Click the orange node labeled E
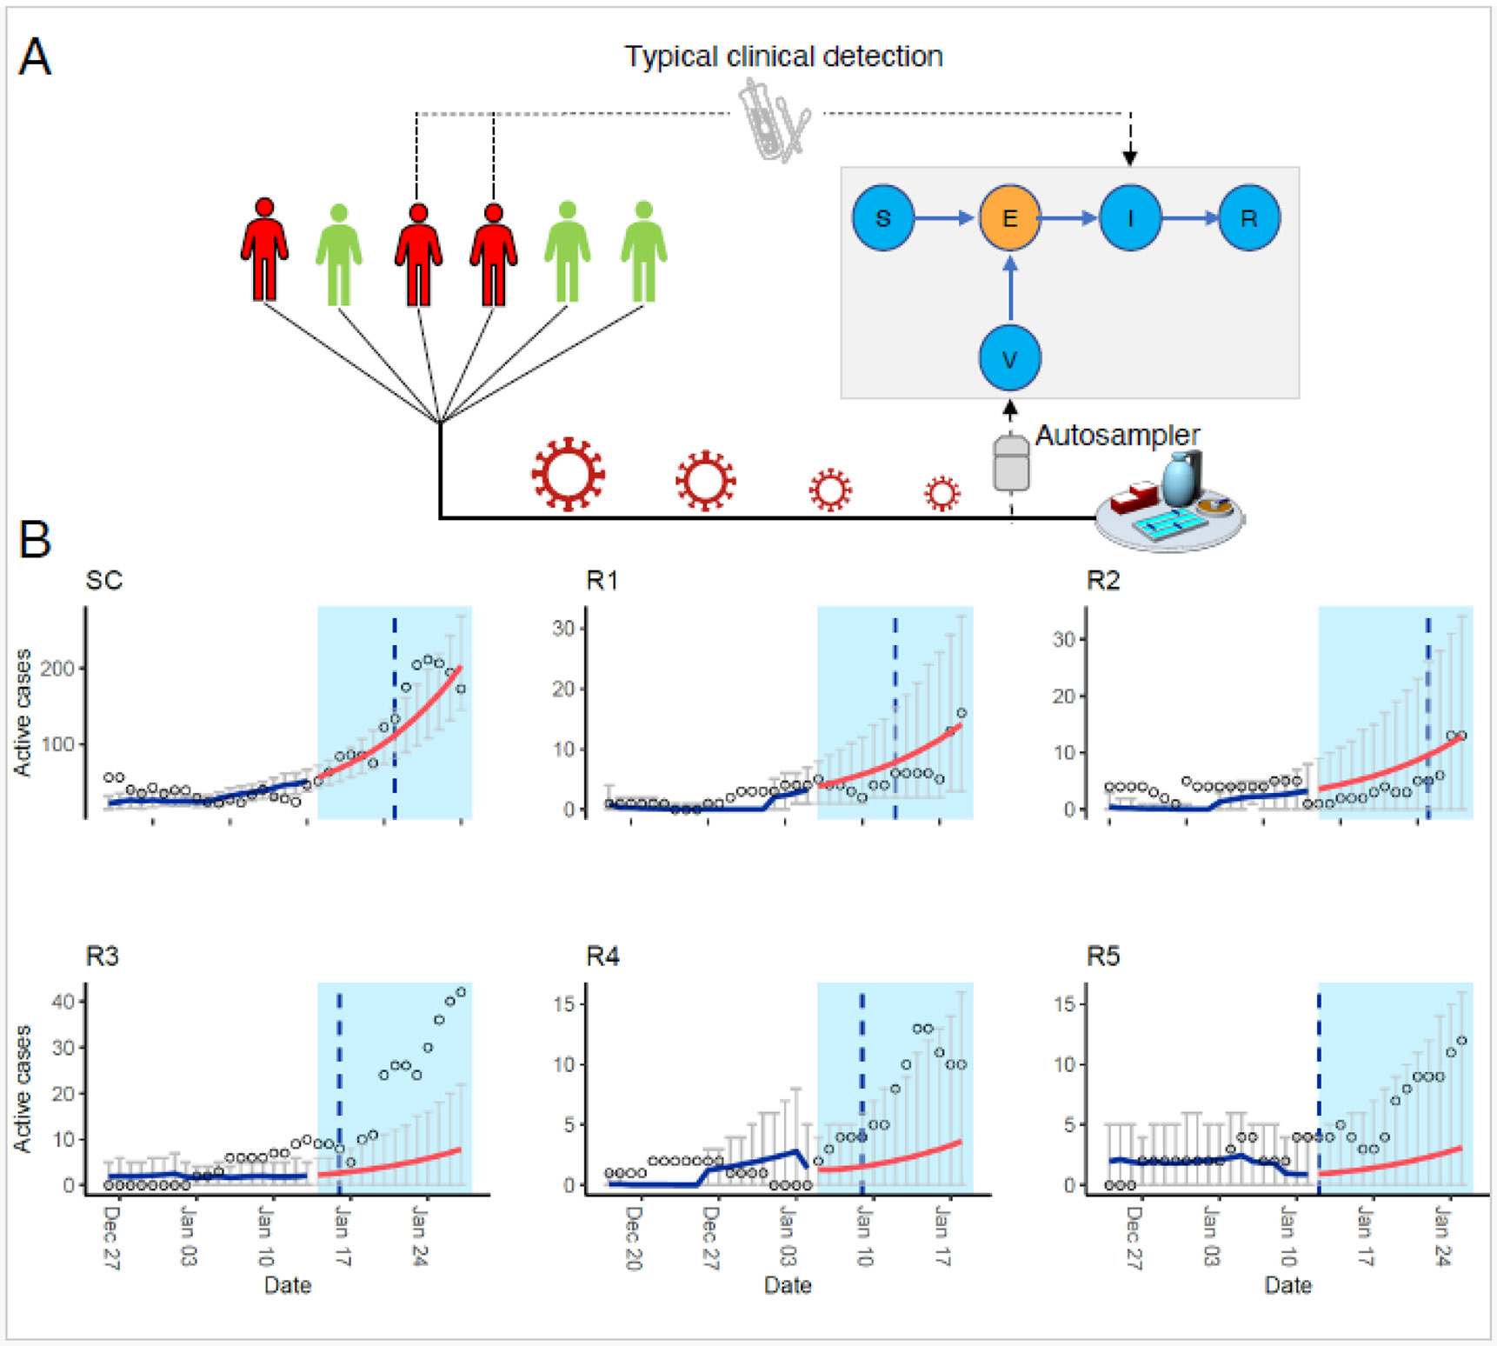[1009, 217]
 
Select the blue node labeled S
[882, 217]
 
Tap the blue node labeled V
[1009, 358]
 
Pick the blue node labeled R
[1248, 217]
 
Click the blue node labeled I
[1129, 217]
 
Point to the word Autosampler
[1117, 435]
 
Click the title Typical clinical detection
[783, 57]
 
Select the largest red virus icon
[568, 474]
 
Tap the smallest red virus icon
[941, 493]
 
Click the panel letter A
[35, 57]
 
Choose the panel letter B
[35, 539]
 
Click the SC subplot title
[103, 580]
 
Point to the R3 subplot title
[102, 956]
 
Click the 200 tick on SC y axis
[57, 669]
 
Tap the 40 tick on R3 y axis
[63, 1001]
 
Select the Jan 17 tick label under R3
[342, 1236]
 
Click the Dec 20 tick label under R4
[633, 1237]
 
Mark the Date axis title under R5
[1287, 1285]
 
